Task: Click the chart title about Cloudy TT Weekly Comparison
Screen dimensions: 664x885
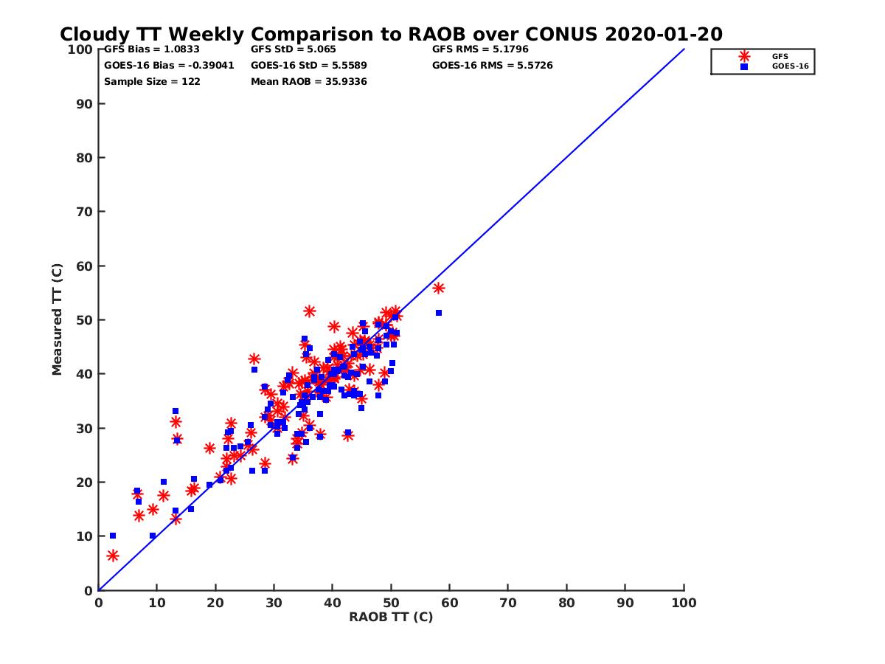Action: point(391,35)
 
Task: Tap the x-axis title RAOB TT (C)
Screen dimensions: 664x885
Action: point(391,617)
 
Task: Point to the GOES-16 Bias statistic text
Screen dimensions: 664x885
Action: point(169,66)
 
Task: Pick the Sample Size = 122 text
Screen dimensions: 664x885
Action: point(152,82)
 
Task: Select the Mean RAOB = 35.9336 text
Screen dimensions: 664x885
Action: point(309,82)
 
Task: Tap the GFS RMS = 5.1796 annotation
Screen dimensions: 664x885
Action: point(480,49)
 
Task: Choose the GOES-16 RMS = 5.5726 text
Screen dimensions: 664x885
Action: point(493,66)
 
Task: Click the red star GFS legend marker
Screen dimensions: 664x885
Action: point(744,56)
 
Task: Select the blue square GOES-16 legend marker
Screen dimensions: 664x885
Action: point(744,66)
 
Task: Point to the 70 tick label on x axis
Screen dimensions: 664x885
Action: point(508,602)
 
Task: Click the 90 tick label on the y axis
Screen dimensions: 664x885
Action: point(85,104)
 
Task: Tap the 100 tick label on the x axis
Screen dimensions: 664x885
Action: point(684,602)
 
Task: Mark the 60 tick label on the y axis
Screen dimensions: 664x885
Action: point(85,266)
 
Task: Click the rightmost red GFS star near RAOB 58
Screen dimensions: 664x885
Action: point(439,288)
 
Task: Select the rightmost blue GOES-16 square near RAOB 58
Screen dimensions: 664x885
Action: point(439,313)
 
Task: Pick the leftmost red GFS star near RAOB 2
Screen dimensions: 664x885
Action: point(112,556)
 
